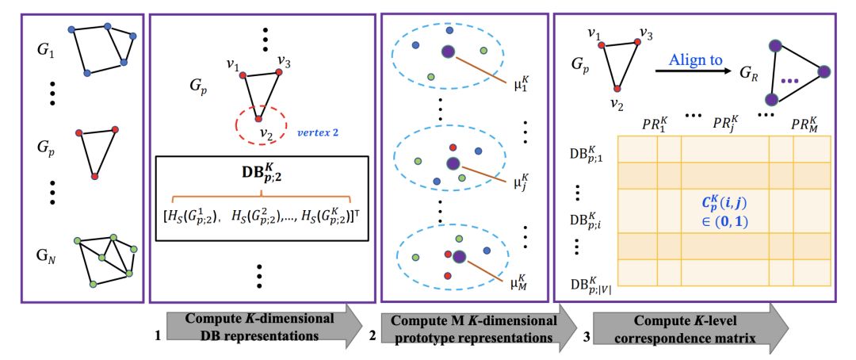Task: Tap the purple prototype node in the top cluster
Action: [449, 52]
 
